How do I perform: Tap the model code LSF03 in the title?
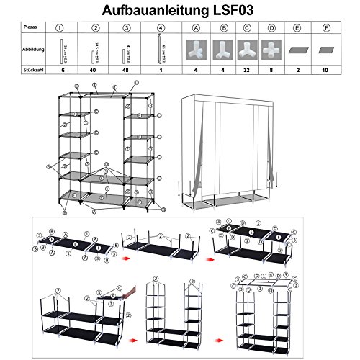(x=238, y=10)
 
